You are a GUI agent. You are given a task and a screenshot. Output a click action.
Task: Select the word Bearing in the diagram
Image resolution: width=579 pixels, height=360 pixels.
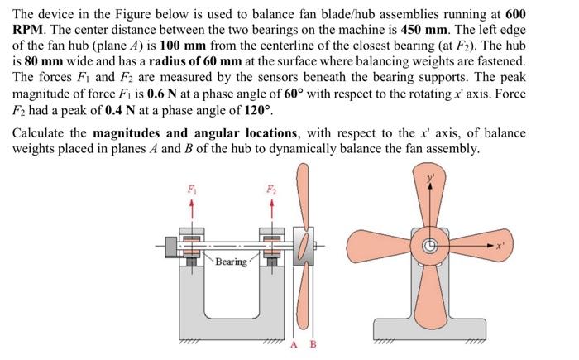(x=231, y=262)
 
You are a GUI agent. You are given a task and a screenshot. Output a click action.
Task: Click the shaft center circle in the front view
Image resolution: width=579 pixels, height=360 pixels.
(x=430, y=246)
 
